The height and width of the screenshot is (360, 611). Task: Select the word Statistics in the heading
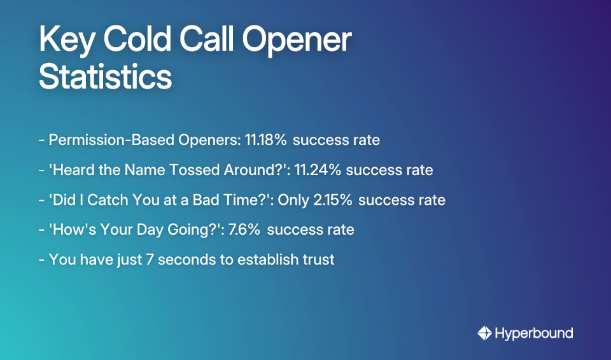click(105, 77)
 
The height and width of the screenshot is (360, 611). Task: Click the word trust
click(318, 260)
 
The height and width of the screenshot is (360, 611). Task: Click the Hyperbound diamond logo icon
click(485, 333)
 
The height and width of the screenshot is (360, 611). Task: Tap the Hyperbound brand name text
click(534, 333)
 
